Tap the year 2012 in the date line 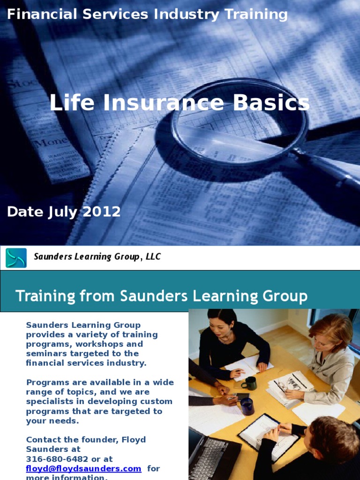click(x=102, y=212)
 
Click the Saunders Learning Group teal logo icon click(x=16, y=258)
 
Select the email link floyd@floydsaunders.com click(x=83, y=468)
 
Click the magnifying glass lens click(x=239, y=123)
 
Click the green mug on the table click(x=249, y=383)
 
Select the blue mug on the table click(x=247, y=406)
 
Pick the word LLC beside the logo click(x=153, y=257)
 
